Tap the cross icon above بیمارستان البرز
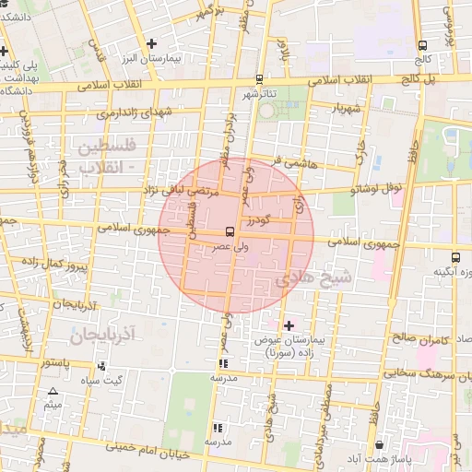(152, 42)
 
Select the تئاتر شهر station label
(259, 94)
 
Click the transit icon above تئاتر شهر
(259, 80)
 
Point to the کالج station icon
(422, 45)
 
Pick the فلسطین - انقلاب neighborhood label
(106, 157)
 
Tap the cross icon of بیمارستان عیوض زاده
(289, 325)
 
